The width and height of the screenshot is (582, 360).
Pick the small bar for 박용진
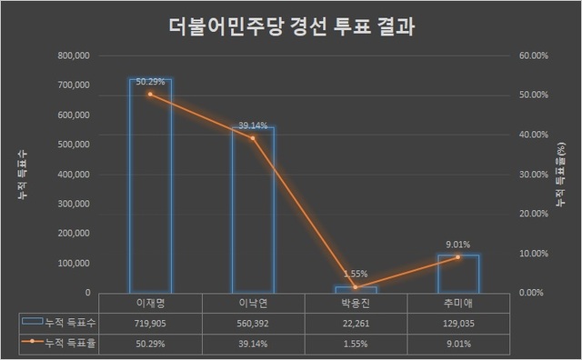(x=355, y=289)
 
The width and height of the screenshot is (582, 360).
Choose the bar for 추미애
(x=457, y=274)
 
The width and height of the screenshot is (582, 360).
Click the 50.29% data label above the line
(x=149, y=83)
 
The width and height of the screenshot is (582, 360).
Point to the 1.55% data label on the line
(x=355, y=275)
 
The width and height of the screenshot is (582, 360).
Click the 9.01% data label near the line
(x=457, y=243)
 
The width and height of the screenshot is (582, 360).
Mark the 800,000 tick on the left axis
(x=72, y=55)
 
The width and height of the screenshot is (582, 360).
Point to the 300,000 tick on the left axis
(x=72, y=204)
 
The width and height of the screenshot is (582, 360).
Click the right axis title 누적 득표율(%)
(x=561, y=173)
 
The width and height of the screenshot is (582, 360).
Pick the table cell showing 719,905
(x=150, y=323)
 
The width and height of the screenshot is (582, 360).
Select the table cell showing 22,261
(x=355, y=323)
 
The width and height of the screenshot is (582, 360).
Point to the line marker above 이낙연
(x=253, y=138)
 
